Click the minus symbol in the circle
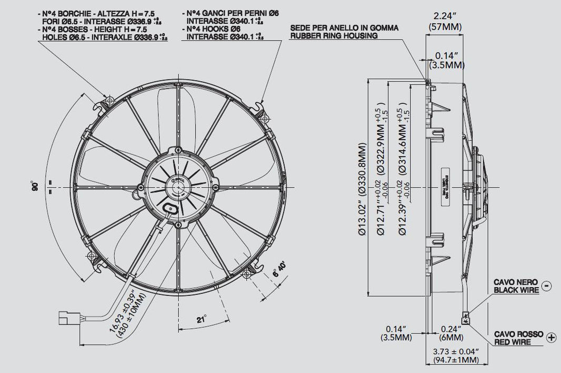coord(547,286)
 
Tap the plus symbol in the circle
coord(552,337)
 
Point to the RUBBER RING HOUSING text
coord(334,36)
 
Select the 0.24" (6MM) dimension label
coord(452,332)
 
